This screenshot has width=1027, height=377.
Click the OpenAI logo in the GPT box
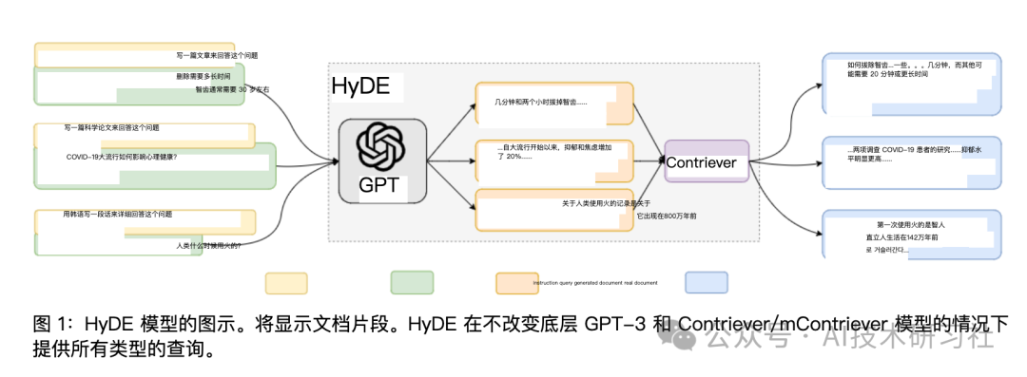tap(380, 146)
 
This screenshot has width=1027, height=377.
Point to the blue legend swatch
tap(707, 283)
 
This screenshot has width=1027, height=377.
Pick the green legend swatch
tap(413, 283)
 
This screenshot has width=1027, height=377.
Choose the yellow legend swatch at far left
tap(286, 283)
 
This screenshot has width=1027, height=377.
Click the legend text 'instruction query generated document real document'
tap(595, 283)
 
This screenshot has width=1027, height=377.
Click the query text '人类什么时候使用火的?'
tap(208, 245)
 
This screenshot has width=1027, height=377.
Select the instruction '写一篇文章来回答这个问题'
tap(217, 56)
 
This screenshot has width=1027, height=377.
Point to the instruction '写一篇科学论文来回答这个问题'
tap(111, 127)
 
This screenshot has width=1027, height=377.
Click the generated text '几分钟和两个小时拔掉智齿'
tap(540, 102)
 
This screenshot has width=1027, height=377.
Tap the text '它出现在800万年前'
tap(667, 217)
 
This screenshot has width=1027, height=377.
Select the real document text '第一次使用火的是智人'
tap(904, 225)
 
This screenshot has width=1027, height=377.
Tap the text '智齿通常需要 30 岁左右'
tap(232, 89)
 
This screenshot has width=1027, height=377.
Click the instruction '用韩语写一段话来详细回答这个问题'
tap(117, 215)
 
